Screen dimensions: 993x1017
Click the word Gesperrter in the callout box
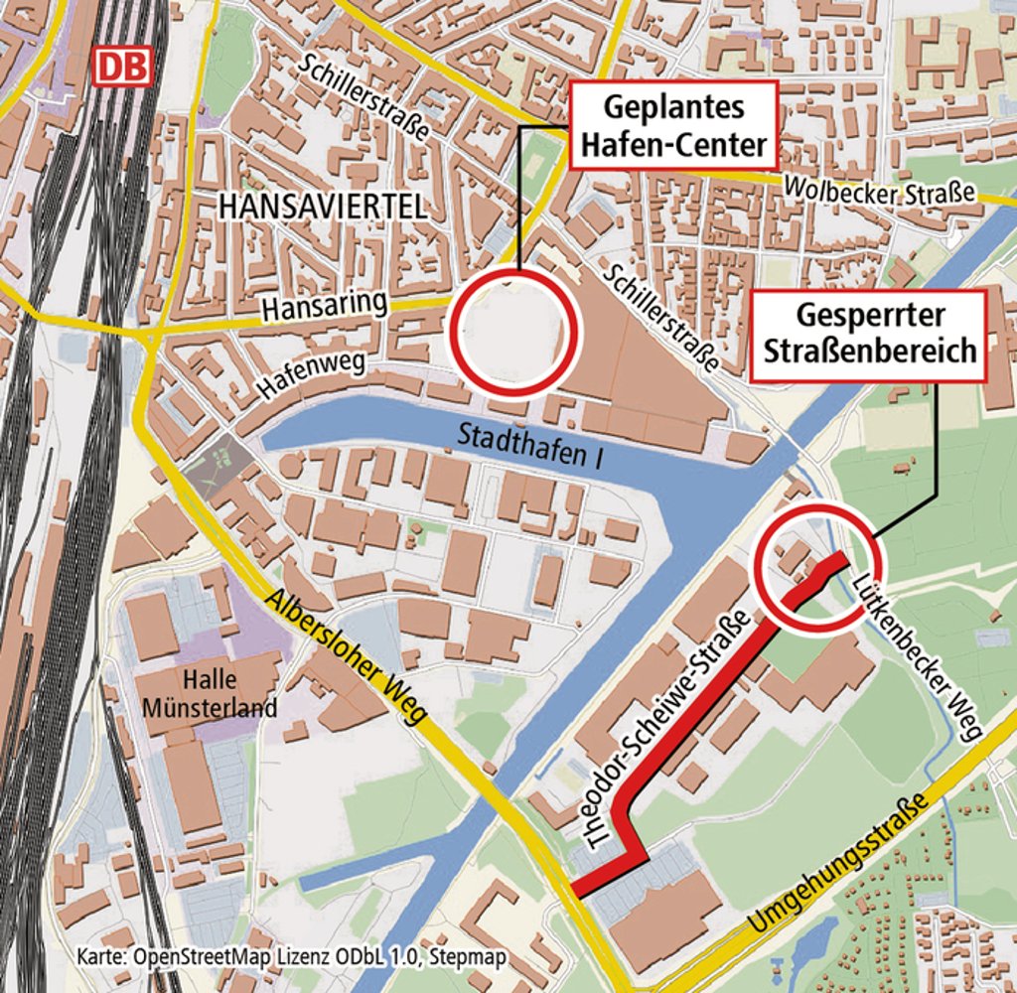(x=869, y=317)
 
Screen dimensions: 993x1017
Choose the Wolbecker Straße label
(x=879, y=189)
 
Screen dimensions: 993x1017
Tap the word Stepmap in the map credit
(x=473, y=957)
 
